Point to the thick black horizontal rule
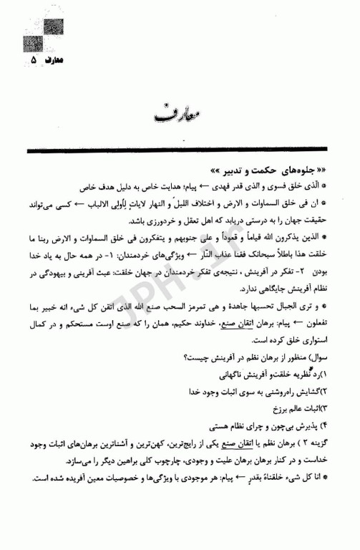pyautogui.click(x=180, y=151)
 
